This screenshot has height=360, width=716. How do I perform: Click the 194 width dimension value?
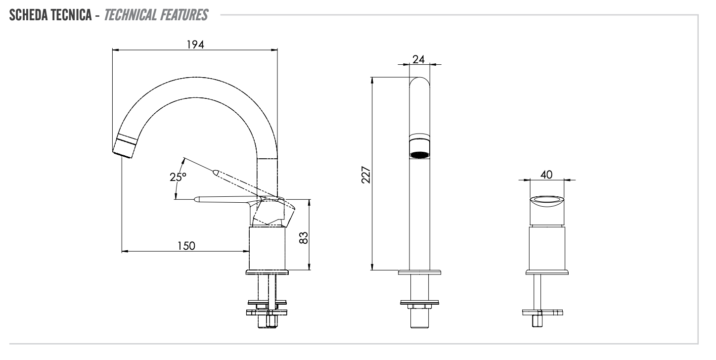[195, 44]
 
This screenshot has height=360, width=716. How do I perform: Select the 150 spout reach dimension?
[186, 246]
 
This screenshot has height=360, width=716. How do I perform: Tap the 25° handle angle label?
[178, 177]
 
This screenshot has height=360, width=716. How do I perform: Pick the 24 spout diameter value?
[418, 59]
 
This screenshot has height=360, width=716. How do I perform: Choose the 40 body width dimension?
[546, 175]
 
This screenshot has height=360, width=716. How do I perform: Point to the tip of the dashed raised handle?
[216, 172]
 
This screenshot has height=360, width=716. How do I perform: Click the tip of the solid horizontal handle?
[197, 200]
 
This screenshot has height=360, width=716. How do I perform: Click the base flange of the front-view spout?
[419, 272]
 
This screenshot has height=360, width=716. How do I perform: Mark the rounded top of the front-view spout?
[419, 82]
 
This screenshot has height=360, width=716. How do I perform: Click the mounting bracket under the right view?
[543, 312]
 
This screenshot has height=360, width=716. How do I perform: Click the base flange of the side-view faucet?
[267, 272]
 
